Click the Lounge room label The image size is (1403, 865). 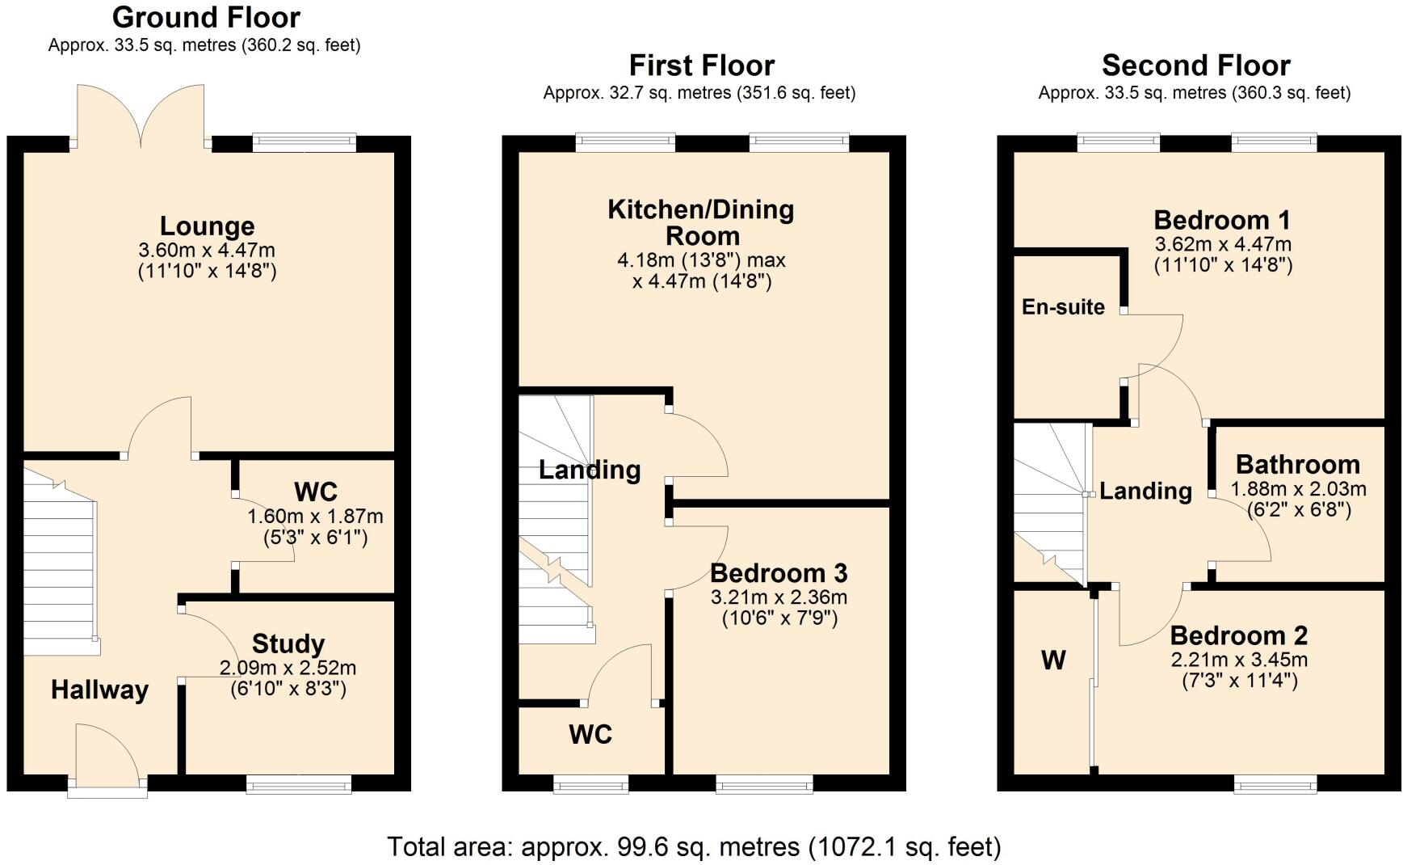[207, 226]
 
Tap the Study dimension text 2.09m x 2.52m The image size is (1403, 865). [288, 669]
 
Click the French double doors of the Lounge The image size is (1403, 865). [142, 117]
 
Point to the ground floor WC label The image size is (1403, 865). [315, 492]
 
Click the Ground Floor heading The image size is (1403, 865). [206, 17]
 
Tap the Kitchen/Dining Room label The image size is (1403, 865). [700, 222]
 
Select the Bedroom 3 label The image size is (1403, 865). [779, 573]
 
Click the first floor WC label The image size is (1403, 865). [590, 735]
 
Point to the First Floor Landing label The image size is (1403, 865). [590, 470]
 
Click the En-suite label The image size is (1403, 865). [1063, 307]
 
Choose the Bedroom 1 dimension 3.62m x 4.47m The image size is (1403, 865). [1223, 244]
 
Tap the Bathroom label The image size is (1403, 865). [1297, 465]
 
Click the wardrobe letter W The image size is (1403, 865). [1053, 660]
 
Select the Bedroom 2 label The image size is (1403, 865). [1239, 635]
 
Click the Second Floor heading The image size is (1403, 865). [1195, 65]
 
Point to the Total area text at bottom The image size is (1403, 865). [694, 846]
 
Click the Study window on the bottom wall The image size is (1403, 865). [299, 783]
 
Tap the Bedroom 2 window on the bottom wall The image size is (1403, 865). [1275, 783]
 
